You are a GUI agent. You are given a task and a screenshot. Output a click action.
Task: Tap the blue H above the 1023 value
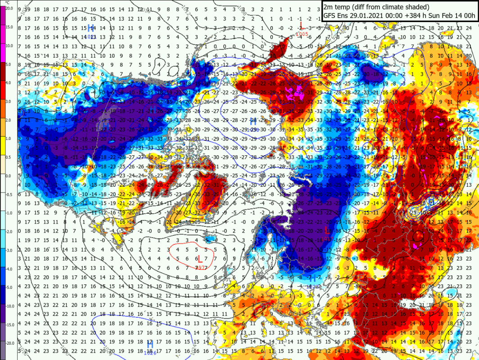click(92, 29)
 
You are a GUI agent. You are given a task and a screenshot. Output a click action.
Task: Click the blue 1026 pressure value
click(150, 352)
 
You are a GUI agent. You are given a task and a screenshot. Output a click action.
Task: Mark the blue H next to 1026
click(150, 344)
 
